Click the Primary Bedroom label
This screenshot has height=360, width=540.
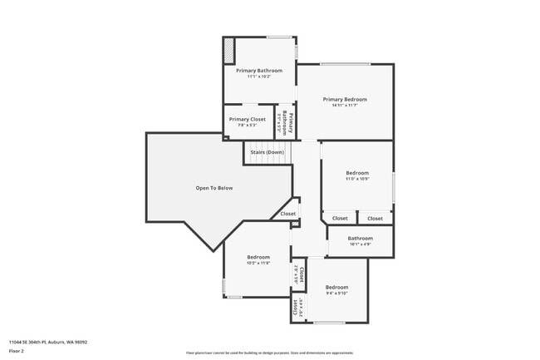coord(345,99)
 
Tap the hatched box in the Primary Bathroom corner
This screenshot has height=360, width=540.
coord(229,52)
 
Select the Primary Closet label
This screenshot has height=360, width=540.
coord(247,119)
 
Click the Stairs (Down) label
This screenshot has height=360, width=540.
coord(267,152)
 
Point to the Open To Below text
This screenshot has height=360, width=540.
coord(214,188)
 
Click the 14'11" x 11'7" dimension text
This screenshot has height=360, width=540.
coord(345,106)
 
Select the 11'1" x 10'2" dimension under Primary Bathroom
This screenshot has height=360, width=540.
coord(258,77)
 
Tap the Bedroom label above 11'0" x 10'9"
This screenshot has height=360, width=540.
coord(357,173)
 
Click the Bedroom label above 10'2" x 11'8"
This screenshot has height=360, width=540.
coord(258,257)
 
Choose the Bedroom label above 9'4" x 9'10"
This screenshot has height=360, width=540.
coord(336,287)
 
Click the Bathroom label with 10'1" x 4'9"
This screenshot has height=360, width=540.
coord(360,239)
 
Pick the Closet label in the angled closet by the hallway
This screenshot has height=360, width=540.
coord(287,214)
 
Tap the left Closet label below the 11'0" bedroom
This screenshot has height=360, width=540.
coord(340,219)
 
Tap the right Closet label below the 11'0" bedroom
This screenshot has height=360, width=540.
coord(376,219)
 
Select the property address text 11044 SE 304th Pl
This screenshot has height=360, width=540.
coord(48,342)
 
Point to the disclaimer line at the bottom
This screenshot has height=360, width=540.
coord(269,353)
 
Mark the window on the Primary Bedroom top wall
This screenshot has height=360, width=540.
coord(346,64)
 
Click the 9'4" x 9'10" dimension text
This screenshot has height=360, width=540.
coord(336,293)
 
